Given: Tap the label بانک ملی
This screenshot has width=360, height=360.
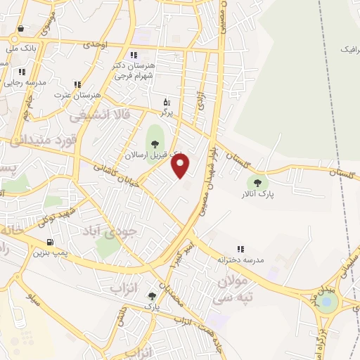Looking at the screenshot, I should point(20,49).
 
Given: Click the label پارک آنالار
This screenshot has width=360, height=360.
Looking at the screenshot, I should point(253,192).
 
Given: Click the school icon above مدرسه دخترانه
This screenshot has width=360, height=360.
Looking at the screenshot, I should point(241,249).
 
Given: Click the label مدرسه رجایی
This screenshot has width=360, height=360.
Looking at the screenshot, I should point(27,82).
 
